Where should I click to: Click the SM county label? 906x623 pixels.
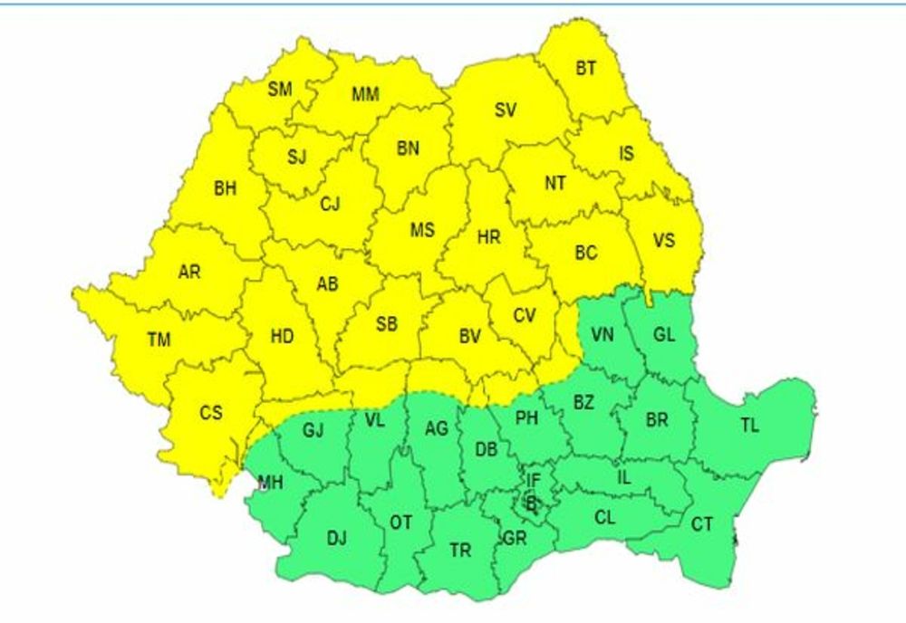(x=280, y=89)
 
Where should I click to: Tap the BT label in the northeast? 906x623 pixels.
(x=586, y=68)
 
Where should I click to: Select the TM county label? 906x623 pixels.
(x=159, y=340)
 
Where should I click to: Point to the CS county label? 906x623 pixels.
(x=211, y=413)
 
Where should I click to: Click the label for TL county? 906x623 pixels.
(x=749, y=426)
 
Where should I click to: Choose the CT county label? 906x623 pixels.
(x=701, y=523)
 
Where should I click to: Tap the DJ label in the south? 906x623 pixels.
(x=336, y=539)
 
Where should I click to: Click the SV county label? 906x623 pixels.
(x=506, y=110)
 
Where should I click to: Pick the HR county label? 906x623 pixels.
(x=488, y=237)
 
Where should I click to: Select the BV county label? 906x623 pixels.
(x=469, y=337)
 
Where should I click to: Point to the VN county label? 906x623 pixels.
(x=602, y=335)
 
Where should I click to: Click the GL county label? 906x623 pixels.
(x=664, y=335)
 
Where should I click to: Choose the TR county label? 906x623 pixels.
(x=460, y=550)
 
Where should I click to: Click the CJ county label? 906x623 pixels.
(x=330, y=205)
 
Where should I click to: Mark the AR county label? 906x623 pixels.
(x=189, y=272)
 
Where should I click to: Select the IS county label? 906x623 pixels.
(x=626, y=154)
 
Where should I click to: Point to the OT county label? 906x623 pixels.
(x=400, y=522)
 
